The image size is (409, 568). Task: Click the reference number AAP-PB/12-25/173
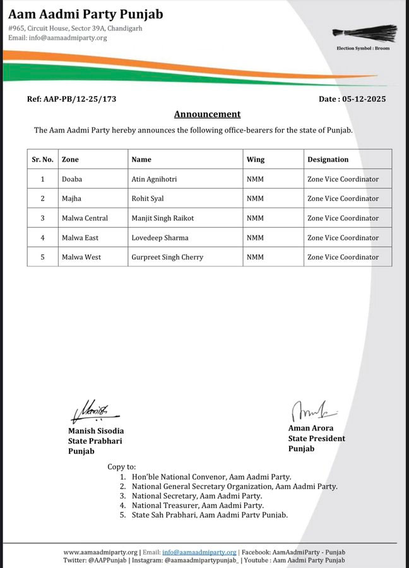tap(71, 99)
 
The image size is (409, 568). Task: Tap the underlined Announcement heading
tap(207, 114)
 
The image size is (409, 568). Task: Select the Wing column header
tap(255, 160)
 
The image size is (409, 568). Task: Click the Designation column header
tap(328, 160)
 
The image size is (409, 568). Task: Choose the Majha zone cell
tap(72, 199)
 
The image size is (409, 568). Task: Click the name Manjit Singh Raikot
tap(163, 218)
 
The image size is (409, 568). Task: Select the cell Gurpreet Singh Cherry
tap(168, 257)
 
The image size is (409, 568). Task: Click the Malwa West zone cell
tap(80, 257)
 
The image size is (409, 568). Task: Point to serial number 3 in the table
tap(42, 218)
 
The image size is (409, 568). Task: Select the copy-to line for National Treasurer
tap(198, 506)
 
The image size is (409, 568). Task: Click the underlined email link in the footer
tap(199, 552)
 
